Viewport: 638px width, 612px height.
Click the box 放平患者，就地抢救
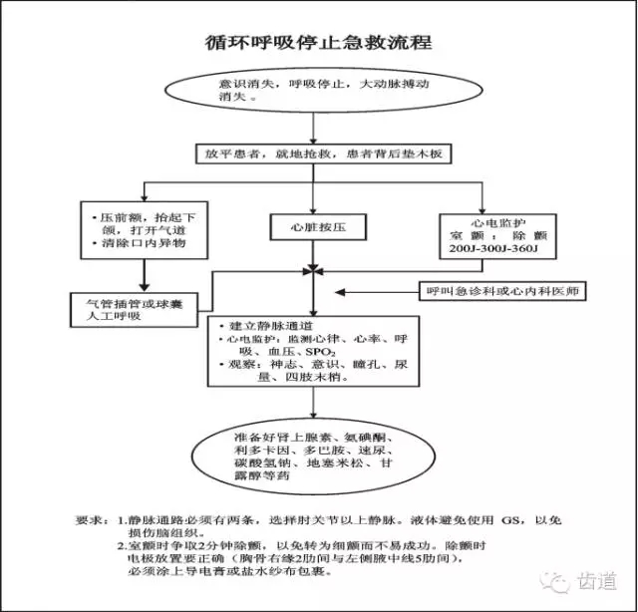[325, 154]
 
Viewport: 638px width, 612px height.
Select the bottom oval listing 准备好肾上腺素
[317, 458]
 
